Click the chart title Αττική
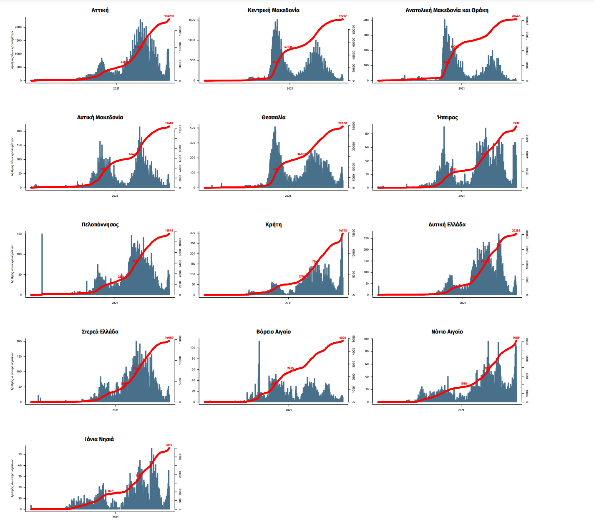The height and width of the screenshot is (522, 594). [100, 10]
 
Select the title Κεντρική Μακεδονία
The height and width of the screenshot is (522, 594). [273, 10]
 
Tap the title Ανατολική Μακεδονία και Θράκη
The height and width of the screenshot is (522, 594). [447, 10]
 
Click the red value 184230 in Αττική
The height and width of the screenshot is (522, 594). [169, 16]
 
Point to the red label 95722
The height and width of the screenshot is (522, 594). [342, 16]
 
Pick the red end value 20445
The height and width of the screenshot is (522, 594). [516, 16]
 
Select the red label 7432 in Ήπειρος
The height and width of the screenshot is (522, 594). [516, 123]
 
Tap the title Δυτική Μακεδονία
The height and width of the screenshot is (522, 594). [100, 117]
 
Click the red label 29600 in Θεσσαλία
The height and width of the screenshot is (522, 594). [342, 123]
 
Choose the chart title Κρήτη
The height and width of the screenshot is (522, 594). [273, 224]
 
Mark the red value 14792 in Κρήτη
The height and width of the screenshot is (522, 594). [342, 231]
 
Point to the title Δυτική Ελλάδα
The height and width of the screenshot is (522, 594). [447, 224]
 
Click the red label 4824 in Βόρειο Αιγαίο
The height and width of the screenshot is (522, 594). [342, 338]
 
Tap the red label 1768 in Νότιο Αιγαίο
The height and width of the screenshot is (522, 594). [463, 384]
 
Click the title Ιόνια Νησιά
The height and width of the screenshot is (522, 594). [99, 439]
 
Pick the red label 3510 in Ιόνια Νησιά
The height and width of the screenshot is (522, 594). [169, 445]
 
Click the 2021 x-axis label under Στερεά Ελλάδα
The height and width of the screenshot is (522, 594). [115, 410]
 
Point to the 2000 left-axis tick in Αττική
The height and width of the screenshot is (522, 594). [18, 28]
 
